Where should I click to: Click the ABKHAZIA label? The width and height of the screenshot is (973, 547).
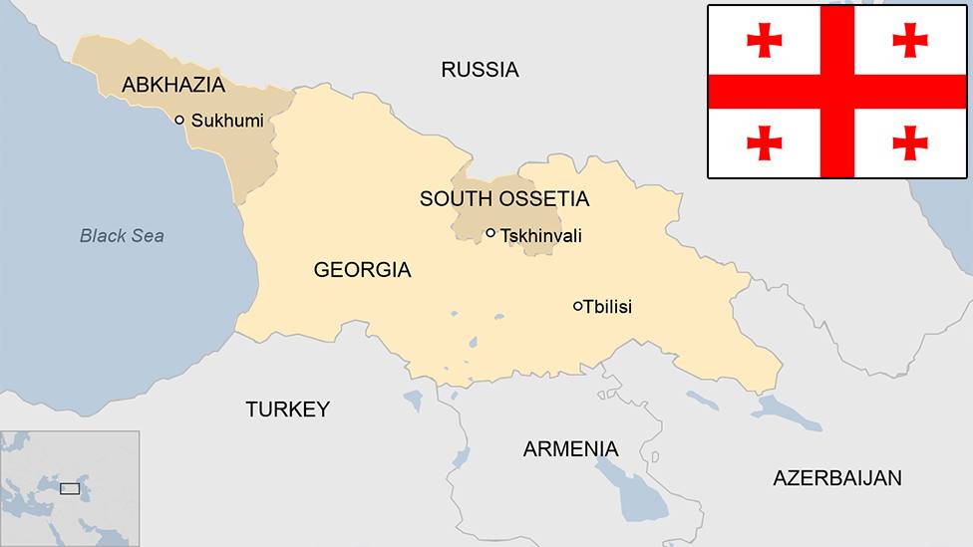(173, 86)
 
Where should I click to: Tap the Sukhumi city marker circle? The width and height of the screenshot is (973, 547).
(179, 120)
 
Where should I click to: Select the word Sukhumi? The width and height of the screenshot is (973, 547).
(227, 121)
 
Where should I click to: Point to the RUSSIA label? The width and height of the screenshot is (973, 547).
(480, 70)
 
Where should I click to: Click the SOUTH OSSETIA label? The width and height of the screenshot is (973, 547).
(503, 199)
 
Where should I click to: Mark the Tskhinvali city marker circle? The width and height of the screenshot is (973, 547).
(490, 233)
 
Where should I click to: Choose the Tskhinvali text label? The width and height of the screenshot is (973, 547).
(541, 236)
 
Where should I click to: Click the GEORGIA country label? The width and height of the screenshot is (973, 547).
(362, 270)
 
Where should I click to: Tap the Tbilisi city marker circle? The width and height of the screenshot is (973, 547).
(578, 306)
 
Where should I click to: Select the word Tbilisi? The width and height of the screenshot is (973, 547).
(608, 307)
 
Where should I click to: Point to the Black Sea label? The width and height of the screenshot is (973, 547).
(122, 236)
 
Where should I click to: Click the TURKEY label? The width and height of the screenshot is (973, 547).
(287, 410)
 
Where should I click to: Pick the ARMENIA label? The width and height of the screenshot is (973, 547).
(570, 449)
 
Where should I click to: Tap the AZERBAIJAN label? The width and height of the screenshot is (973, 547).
(837, 478)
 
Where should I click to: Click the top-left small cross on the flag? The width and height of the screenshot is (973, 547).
(765, 40)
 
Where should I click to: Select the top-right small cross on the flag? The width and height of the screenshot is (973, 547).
(910, 40)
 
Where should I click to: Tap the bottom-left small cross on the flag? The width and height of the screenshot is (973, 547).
(765, 142)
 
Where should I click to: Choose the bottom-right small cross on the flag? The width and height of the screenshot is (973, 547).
(910, 142)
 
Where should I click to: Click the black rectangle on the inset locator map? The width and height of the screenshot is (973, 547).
(70, 488)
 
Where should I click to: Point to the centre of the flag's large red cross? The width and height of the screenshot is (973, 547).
(837, 92)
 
